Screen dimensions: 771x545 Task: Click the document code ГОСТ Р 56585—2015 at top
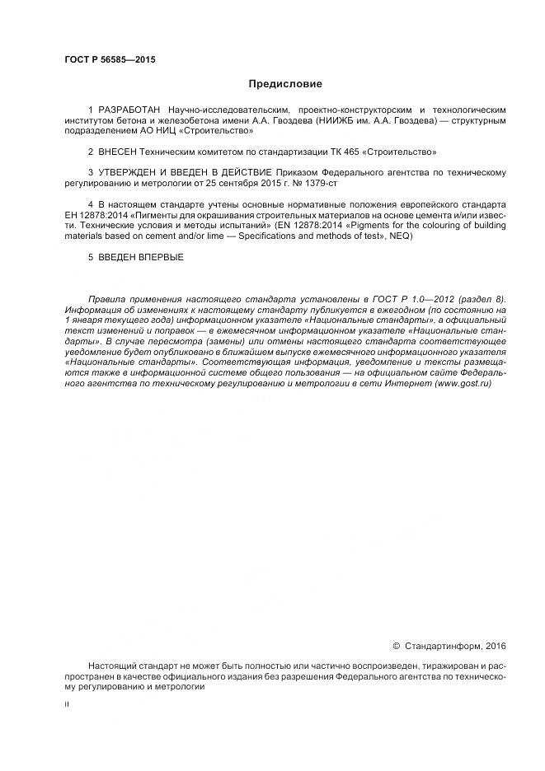[x=109, y=60]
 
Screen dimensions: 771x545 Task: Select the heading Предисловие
[x=285, y=84]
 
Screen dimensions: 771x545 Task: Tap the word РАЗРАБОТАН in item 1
[x=129, y=110]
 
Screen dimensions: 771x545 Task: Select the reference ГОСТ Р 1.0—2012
[x=422, y=298]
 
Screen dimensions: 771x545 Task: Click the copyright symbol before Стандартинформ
[x=395, y=646]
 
